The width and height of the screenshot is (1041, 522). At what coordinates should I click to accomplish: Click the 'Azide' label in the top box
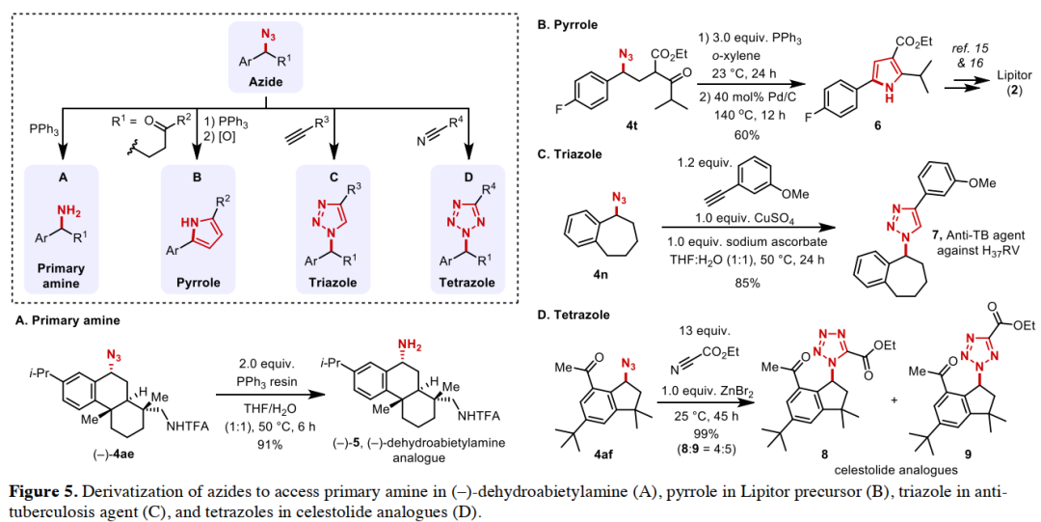267,82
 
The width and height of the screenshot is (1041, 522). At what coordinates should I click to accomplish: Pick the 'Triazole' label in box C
334,283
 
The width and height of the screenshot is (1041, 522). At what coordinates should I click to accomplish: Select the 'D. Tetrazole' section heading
579,314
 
